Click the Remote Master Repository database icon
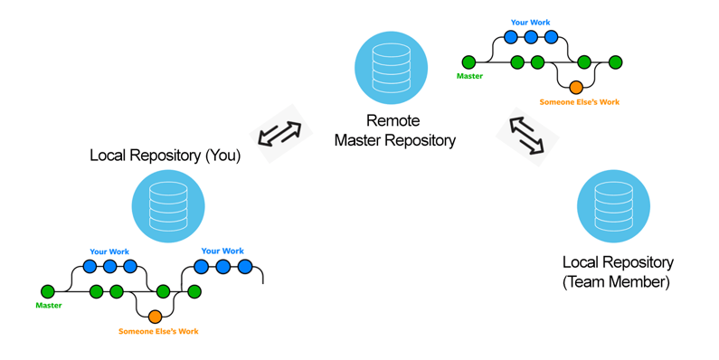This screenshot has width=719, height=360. coord(391,68)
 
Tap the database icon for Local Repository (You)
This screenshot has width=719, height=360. coord(168,206)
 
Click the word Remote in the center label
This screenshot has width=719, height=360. coord(394,121)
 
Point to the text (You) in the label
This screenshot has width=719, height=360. coord(222,156)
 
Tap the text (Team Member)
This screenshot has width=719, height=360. coord(617,282)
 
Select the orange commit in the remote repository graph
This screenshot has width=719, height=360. coord(576,88)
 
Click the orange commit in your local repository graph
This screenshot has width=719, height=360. coord(155,317)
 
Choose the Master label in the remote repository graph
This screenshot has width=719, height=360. coord(469,77)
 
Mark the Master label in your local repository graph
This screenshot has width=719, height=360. coord(49,306)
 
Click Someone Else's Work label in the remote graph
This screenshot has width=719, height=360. coord(579,102)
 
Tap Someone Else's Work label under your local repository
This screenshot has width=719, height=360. coord(158,332)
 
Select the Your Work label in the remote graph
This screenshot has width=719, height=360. coord(530,23)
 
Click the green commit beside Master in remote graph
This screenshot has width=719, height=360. coord(468,62)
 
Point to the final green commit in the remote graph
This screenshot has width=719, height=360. coord(616,62)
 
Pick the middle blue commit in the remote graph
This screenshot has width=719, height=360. coord(531,38)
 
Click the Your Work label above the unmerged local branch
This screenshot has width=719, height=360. coord(222,251)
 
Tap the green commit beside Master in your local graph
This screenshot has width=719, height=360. coord(48,291)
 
